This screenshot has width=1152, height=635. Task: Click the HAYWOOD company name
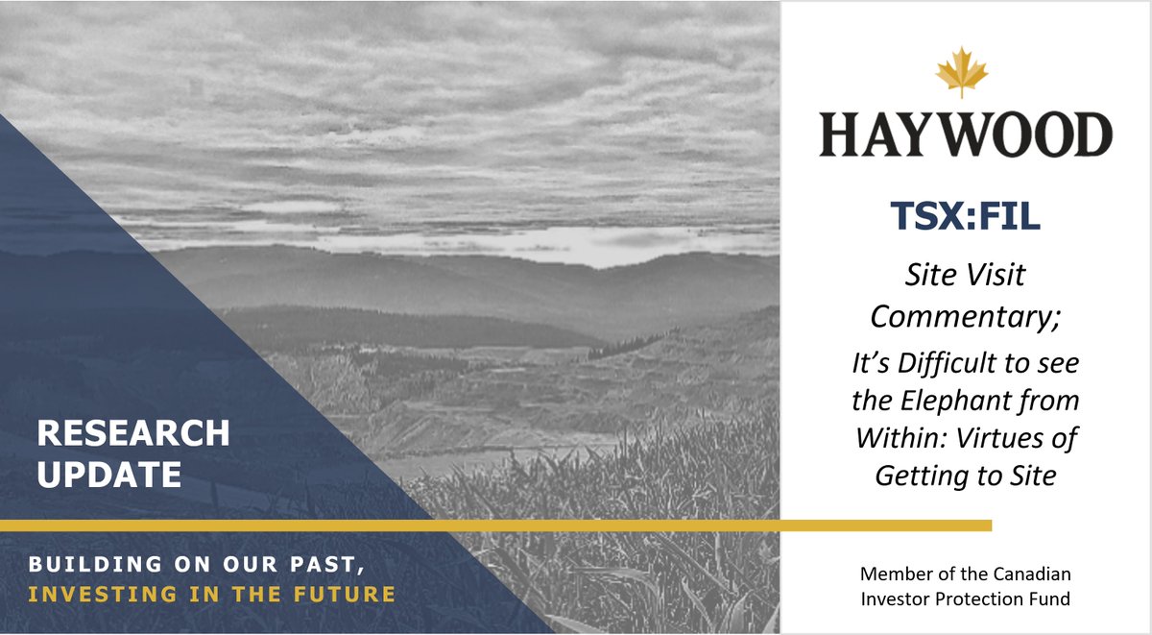point(965,134)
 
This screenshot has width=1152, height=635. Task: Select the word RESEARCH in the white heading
point(133,433)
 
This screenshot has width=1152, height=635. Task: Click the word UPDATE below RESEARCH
point(109,475)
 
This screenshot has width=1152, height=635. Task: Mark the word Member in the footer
point(892,574)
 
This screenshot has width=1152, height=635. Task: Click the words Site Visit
point(965,276)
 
